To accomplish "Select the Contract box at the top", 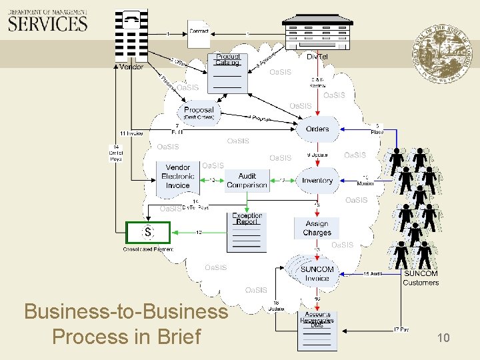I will click(199, 32).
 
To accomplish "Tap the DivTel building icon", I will click(317, 30).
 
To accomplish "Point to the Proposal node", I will click(199, 113).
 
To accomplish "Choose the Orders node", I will click(317, 129).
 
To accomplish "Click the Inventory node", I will click(317, 181).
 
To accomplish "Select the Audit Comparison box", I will click(247, 181).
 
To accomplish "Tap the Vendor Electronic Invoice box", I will click(178, 176).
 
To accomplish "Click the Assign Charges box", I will click(317, 228).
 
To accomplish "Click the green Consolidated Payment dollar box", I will click(148, 232).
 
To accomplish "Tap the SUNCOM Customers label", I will click(421, 278).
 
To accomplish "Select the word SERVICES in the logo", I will click(47, 24).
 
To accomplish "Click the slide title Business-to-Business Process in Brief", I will click(126, 324).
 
